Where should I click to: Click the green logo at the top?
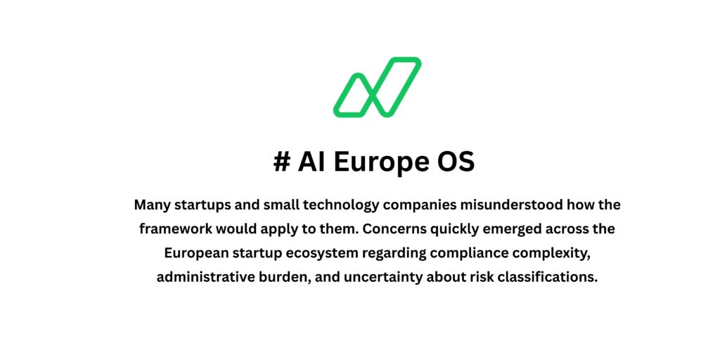[377, 86]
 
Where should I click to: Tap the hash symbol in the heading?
[281, 162]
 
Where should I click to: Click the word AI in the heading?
[311, 162]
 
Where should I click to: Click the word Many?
[151, 205]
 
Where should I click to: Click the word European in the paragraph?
[197, 253]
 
